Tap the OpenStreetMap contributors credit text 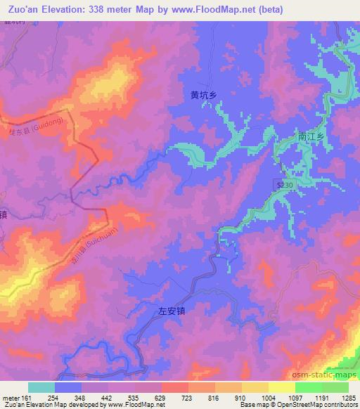tap(318, 405)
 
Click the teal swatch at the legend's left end tap(41, 387)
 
